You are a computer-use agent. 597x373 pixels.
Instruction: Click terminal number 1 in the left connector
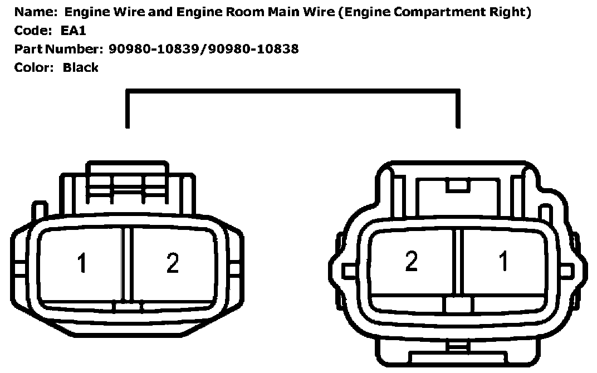pyautogui.click(x=82, y=263)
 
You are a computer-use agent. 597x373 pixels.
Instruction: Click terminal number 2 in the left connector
pyautogui.click(x=173, y=263)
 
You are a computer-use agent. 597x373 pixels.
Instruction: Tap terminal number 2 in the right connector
pyautogui.click(x=411, y=261)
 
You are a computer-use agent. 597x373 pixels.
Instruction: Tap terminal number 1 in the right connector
pyautogui.click(x=503, y=261)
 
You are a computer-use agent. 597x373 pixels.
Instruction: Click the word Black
pyautogui.click(x=81, y=67)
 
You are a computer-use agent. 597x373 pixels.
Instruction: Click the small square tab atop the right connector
pyautogui.click(x=459, y=186)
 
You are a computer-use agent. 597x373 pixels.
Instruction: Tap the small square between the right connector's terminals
pyautogui.click(x=459, y=305)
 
